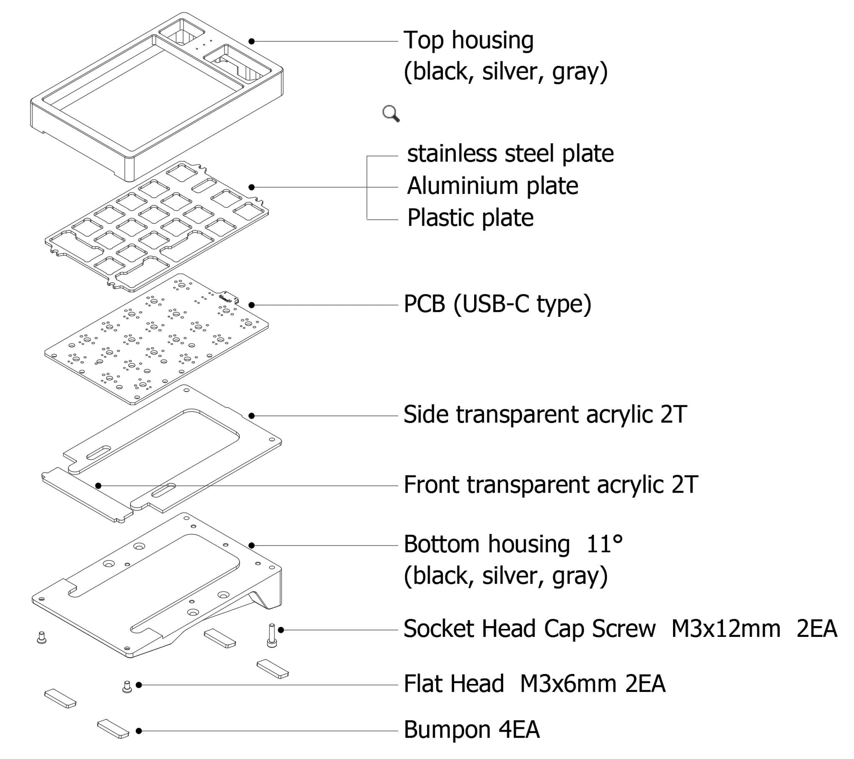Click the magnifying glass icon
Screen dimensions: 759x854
point(391,113)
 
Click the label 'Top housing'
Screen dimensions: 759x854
point(468,40)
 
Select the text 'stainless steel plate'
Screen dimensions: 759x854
point(510,153)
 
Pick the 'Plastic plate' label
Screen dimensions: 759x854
point(470,218)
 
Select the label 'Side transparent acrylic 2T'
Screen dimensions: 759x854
point(545,414)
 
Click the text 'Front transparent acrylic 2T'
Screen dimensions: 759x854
point(550,485)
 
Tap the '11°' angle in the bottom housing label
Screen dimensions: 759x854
point(604,544)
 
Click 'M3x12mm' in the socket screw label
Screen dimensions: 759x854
point(726,629)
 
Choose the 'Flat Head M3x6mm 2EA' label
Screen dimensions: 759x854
point(535,684)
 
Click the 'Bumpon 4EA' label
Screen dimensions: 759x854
point(472,730)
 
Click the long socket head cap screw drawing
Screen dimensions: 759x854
point(271,635)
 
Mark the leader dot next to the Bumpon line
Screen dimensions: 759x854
point(139,731)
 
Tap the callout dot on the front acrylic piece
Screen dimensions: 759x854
point(98,486)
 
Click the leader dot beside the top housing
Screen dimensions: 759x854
point(251,41)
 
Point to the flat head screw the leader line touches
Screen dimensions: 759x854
point(127,686)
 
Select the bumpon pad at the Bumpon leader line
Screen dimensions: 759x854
point(113,729)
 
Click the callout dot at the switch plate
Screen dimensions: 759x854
point(251,187)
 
